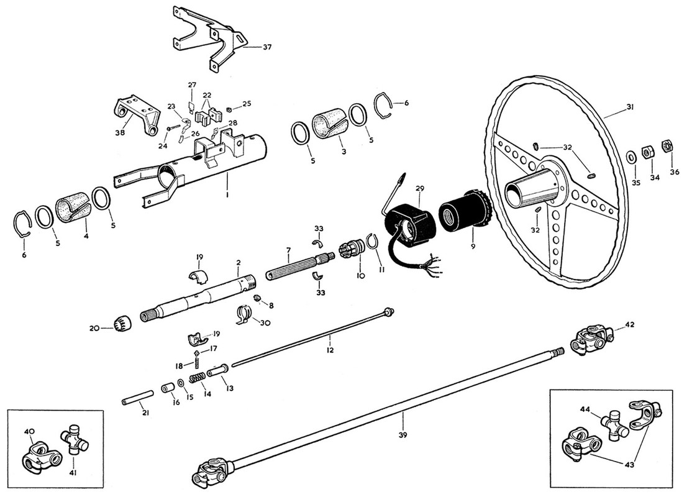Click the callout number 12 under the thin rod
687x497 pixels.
tap(330, 350)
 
